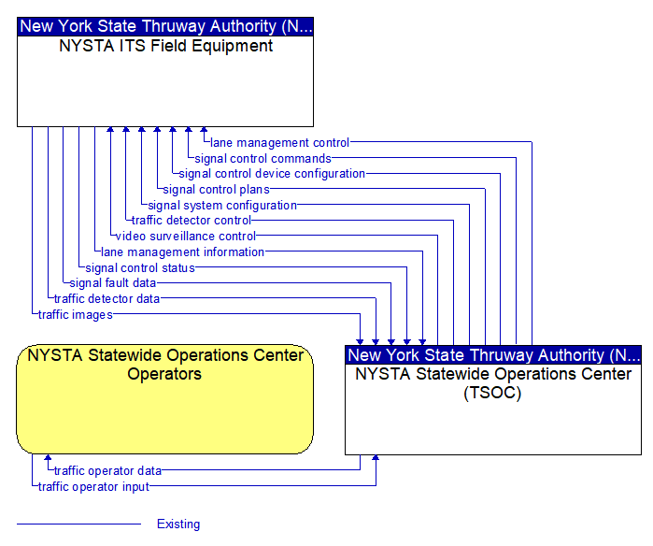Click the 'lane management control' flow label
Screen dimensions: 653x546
[279, 143]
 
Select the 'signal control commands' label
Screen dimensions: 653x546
[263, 159]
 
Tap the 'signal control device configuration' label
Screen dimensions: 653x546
[272, 174]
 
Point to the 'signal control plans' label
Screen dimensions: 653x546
[216, 190]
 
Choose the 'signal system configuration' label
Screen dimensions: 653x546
[222, 206]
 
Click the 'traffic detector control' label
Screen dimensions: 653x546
[192, 220]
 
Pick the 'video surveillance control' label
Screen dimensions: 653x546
[186, 237]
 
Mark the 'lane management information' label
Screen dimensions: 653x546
[182, 252]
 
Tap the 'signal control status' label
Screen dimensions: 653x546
[140, 268]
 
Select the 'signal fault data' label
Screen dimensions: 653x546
[112, 283]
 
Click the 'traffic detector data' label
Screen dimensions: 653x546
[106, 299]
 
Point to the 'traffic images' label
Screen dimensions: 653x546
[76, 315]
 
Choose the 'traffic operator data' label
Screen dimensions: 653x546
[107, 471]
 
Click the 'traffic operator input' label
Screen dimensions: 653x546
[93, 487]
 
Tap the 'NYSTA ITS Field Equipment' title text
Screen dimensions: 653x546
[165, 46]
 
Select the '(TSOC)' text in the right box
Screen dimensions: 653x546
[492, 393]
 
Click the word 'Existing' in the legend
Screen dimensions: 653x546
[178, 524]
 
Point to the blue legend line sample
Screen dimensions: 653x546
[78, 524]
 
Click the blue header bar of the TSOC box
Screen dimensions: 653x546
[493, 355]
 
